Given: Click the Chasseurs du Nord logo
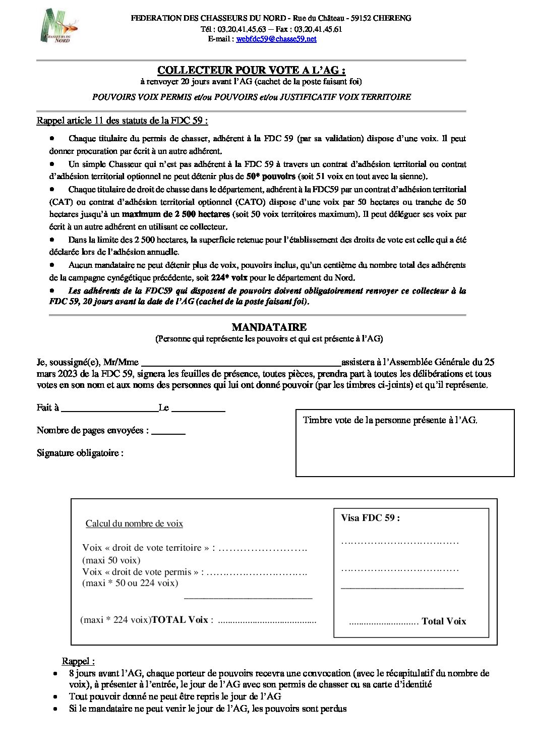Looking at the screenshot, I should point(58,26).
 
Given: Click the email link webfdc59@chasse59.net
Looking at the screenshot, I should point(276,39).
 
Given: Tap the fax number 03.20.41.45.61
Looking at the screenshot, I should point(318,29).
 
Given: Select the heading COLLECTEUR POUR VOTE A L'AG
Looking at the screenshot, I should point(251,70).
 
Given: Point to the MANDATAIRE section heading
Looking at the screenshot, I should point(269,327).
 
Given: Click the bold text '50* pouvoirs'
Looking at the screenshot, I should point(271,177).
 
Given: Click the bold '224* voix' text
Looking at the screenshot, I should point(229,277).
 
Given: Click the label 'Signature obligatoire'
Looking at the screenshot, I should point(80,453).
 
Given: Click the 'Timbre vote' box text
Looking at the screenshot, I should point(390,420).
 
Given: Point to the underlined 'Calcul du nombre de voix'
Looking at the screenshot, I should point(134,524).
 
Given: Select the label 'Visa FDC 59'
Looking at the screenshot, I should point(370,518).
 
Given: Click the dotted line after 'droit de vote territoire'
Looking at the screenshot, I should point(263,548).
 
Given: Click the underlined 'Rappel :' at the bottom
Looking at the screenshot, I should point(78,661).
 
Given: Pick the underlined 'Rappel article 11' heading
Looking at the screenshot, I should point(122,121).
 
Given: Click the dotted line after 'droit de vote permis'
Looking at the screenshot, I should point(257,572).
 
